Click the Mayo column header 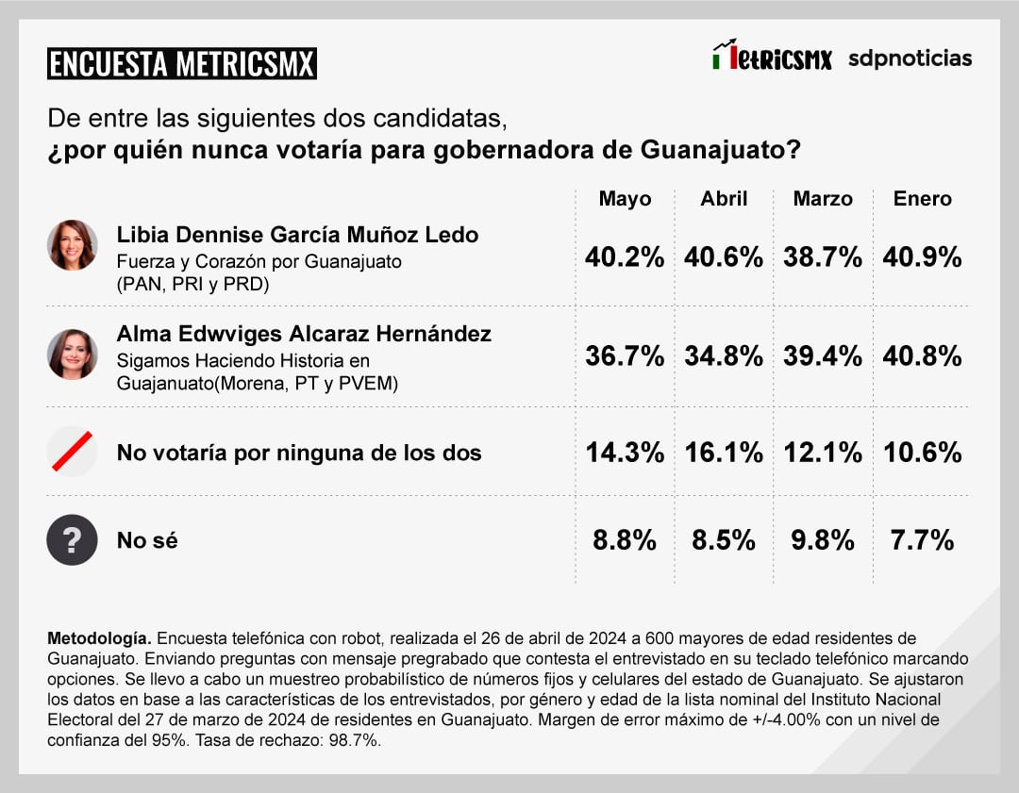point(625,199)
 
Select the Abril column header point(724,199)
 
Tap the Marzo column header point(823,199)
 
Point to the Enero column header point(923,199)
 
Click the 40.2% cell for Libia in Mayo point(625,257)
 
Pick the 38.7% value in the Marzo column point(823,257)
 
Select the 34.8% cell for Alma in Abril point(724,355)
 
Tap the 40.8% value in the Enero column point(923,355)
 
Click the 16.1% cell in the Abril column point(724,453)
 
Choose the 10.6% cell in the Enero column point(923,453)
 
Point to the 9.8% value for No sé point(823,540)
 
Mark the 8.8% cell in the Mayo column point(625,540)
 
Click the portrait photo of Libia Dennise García point(73,245)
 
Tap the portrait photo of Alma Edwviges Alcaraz point(73,354)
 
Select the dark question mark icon point(73,540)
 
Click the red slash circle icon point(73,452)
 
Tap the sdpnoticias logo point(910,58)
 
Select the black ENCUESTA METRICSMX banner point(182,64)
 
